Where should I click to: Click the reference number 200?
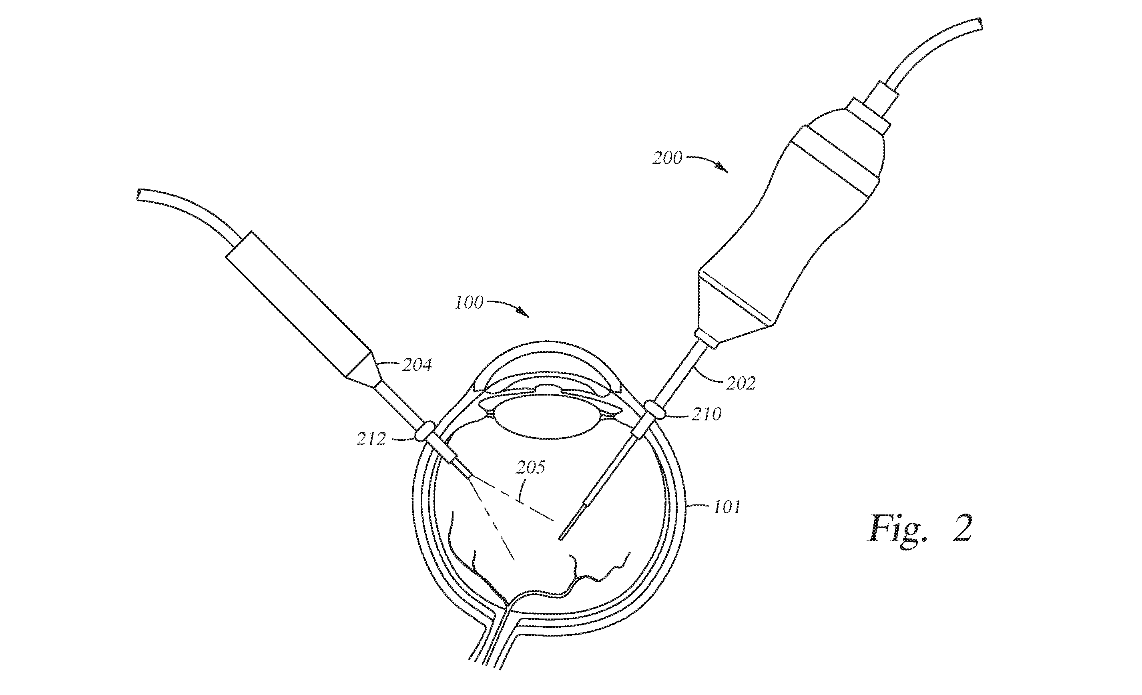(x=667, y=159)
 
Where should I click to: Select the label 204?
(x=417, y=366)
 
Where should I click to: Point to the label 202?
(x=741, y=383)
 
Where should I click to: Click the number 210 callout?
(x=706, y=414)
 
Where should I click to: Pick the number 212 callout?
(x=371, y=439)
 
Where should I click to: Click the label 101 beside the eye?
(x=726, y=507)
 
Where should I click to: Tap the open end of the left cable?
(x=139, y=195)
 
